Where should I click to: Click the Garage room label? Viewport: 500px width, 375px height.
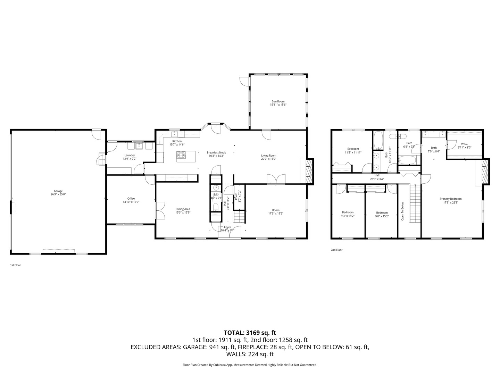pyautogui.click(x=58, y=191)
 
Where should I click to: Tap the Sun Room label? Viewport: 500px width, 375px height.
pyautogui.click(x=278, y=101)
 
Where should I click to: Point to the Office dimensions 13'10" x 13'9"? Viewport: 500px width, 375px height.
pyautogui.click(x=131, y=202)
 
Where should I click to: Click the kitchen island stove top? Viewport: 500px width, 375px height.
pyautogui.click(x=181, y=154)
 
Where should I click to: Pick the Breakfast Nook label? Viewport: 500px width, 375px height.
pyautogui.click(x=216, y=152)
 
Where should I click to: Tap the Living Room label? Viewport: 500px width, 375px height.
pyautogui.click(x=269, y=156)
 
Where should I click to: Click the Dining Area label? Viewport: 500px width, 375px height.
pyautogui.click(x=183, y=209)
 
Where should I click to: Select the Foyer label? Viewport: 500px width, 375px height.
pyautogui.click(x=227, y=227)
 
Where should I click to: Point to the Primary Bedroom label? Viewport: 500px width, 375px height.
pyautogui.click(x=451, y=199)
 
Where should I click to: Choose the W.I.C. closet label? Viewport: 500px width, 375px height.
pyautogui.click(x=465, y=144)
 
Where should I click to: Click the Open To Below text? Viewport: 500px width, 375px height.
pyautogui.click(x=403, y=211)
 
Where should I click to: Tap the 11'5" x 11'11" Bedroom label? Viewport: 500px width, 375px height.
pyautogui.click(x=353, y=149)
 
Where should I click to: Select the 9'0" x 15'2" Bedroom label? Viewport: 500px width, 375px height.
pyautogui.click(x=382, y=212)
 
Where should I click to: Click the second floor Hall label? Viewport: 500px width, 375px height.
pyautogui.click(x=377, y=175)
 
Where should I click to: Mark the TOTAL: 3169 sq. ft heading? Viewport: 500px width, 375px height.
pyautogui.click(x=250, y=333)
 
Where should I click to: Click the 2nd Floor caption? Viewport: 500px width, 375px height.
pyautogui.click(x=336, y=250)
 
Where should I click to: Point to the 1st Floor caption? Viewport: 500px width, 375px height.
pyautogui.click(x=15, y=265)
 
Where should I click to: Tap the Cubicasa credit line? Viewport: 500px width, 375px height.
pyautogui.click(x=250, y=365)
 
